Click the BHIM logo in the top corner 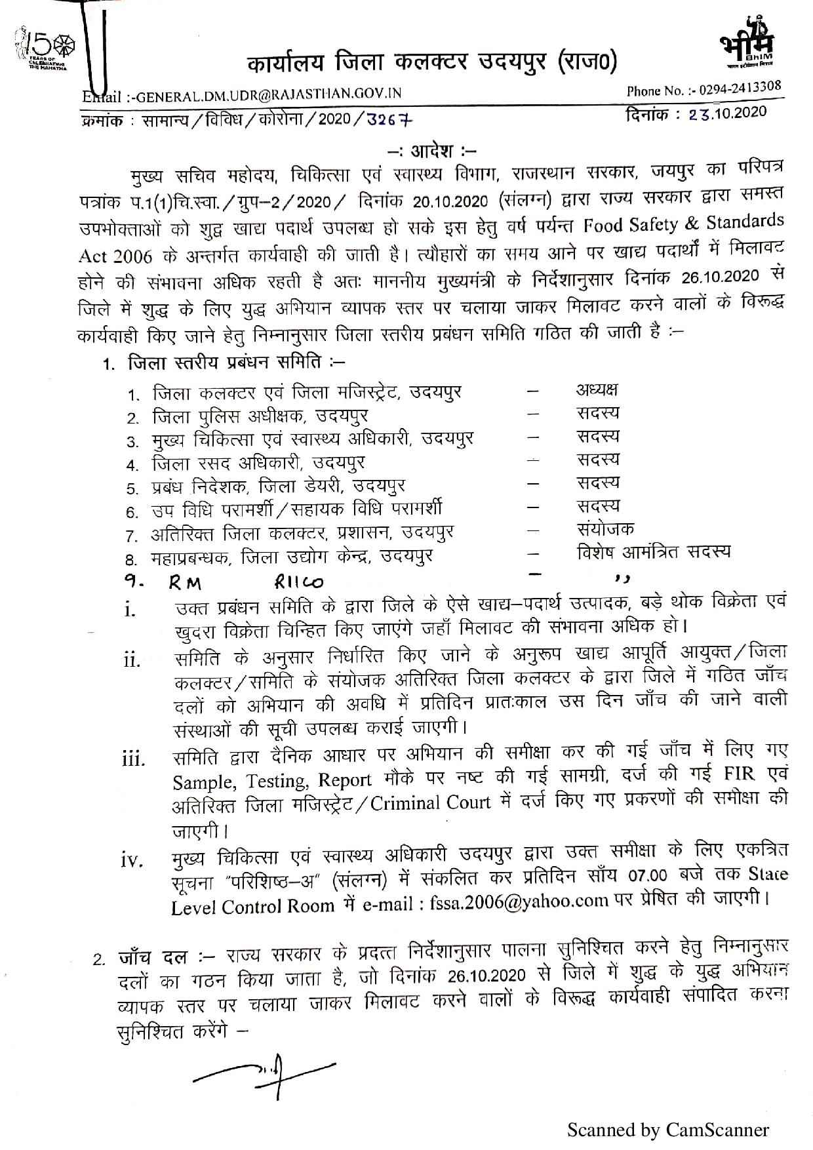[747, 42]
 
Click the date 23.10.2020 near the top [727, 113]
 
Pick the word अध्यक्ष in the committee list [597, 390]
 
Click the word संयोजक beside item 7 [605, 528]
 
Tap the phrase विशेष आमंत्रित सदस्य [653, 552]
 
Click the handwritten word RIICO [298, 581]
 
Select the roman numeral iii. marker [133, 761]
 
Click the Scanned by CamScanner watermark [667, 1130]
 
